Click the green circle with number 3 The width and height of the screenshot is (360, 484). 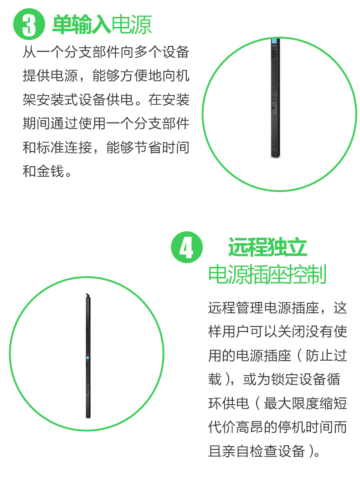click(29, 24)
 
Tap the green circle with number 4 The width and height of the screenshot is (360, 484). click(187, 247)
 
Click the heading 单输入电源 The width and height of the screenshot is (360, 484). click(102, 25)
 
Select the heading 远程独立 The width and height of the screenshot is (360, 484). click(267, 247)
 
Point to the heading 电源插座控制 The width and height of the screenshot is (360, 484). click(267, 274)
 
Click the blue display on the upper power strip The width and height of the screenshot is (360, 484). click(274, 41)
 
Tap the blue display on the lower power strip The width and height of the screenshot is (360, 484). click(87, 358)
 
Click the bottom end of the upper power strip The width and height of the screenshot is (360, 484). click(276, 157)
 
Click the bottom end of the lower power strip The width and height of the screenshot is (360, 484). click(88, 417)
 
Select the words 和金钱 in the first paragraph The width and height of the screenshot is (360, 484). click(43, 171)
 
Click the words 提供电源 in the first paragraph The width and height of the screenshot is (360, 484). click(50, 75)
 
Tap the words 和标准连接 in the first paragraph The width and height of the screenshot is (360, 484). click(57, 147)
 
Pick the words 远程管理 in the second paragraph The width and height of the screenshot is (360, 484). click(236, 308)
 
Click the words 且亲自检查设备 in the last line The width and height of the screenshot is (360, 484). click(257, 451)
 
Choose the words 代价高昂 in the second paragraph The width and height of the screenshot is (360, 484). click(236, 427)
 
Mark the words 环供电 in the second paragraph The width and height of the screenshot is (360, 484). click(229, 403)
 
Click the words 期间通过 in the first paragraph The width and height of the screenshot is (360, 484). click(50, 123)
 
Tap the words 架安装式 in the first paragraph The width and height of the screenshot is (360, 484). click(50, 99)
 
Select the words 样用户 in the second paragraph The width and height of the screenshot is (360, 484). click(229, 331)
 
